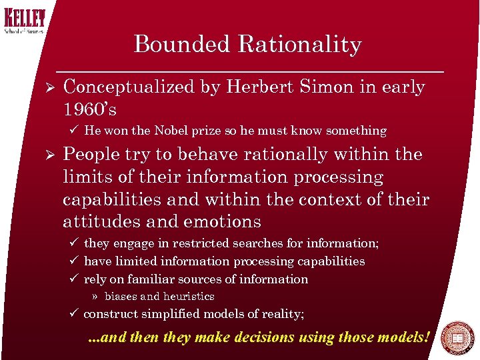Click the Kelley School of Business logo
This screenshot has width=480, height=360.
click(23, 21)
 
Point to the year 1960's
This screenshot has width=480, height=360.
click(89, 109)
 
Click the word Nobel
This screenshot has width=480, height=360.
click(191, 131)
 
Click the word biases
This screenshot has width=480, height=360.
click(122, 297)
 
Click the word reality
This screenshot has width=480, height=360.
click(281, 314)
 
